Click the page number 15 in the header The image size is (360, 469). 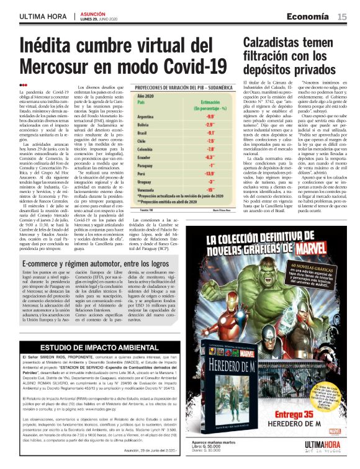[x=342, y=17]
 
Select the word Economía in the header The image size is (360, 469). [x=309, y=17]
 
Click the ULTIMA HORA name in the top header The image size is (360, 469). [x=42, y=17]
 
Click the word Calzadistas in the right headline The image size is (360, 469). [x=276, y=42]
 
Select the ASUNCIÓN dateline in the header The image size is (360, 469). [x=95, y=13]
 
